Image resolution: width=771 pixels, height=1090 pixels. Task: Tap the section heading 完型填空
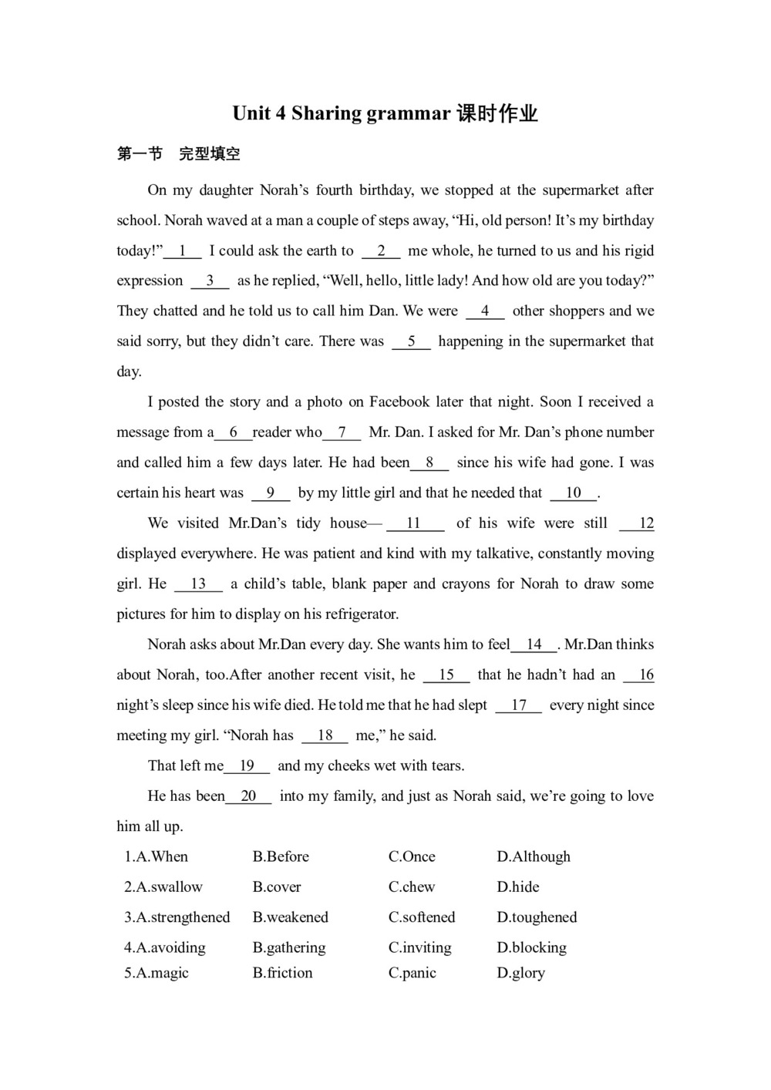pos(210,154)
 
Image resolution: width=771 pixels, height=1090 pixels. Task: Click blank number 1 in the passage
pos(183,251)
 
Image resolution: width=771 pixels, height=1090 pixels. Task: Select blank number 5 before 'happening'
pos(411,341)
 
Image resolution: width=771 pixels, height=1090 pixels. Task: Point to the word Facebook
pos(399,402)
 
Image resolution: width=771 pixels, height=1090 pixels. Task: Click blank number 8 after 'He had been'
pos(429,463)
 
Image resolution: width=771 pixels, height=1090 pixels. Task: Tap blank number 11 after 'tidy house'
pos(415,523)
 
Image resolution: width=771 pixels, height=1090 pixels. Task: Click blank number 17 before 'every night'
pos(519,705)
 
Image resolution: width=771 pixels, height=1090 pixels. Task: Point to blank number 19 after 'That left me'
pos(247,765)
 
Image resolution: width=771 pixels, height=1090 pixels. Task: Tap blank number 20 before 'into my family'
pos(248,796)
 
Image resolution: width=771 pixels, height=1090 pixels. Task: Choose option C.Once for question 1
pos(412,856)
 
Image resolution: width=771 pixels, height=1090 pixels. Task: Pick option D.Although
pos(534,856)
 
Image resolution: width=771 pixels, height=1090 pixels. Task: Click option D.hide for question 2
pos(518,887)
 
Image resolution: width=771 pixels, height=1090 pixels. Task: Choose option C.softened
pos(422,917)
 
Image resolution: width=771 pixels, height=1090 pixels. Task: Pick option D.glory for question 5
pos(520,973)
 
